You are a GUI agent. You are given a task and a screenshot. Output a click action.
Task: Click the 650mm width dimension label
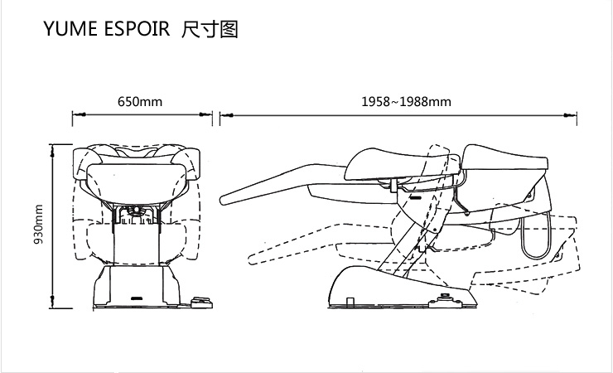(139, 102)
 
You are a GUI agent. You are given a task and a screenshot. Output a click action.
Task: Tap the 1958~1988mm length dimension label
(406, 102)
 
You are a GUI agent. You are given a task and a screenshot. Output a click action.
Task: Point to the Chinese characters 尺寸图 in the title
(210, 31)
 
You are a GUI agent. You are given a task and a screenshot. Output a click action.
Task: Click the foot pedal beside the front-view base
(198, 303)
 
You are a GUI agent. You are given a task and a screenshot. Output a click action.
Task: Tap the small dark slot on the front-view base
(138, 295)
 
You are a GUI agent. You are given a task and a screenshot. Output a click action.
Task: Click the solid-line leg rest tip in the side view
(228, 201)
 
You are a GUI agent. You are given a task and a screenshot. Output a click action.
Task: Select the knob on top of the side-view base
(448, 295)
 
